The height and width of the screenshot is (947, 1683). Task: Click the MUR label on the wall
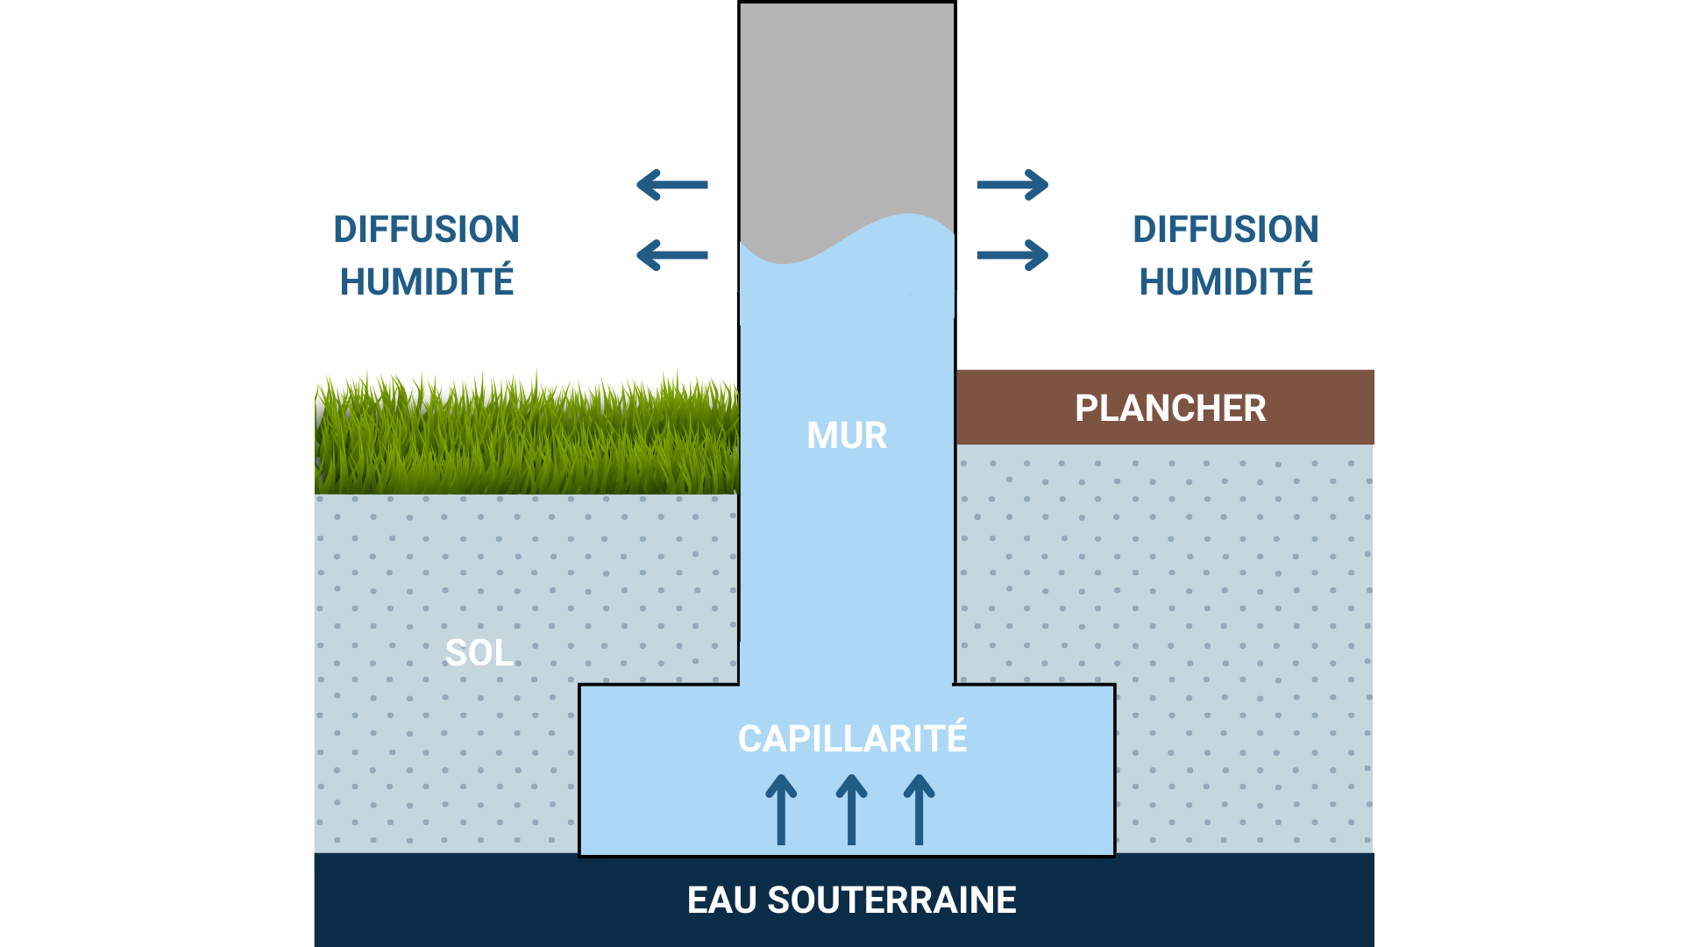click(x=847, y=436)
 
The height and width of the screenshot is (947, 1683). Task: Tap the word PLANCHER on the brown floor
click(x=1170, y=409)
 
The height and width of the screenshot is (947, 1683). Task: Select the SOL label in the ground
click(x=479, y=653)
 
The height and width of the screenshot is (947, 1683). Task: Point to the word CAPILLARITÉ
click(x=852, y=738)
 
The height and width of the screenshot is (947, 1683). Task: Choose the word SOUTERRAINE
click(x=891, y=901)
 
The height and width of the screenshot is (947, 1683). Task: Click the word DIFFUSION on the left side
click(x=426, y=230)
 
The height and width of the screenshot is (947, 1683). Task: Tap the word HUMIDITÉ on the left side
click(x=426, y=282)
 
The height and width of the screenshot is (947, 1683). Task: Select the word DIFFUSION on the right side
click(x=1225, y=230)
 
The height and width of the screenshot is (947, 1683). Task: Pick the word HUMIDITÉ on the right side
click(x=1225, y=282)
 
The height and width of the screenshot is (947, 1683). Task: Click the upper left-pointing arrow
click(x=672, y=185)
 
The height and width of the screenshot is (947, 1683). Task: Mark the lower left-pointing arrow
click(x=672, y=255)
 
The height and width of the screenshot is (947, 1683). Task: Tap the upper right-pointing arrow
click(x=1012, y=185)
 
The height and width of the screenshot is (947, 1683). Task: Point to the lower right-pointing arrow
click(x=1012, y=255)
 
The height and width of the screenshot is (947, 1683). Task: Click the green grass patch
click(x=526, y=438)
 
